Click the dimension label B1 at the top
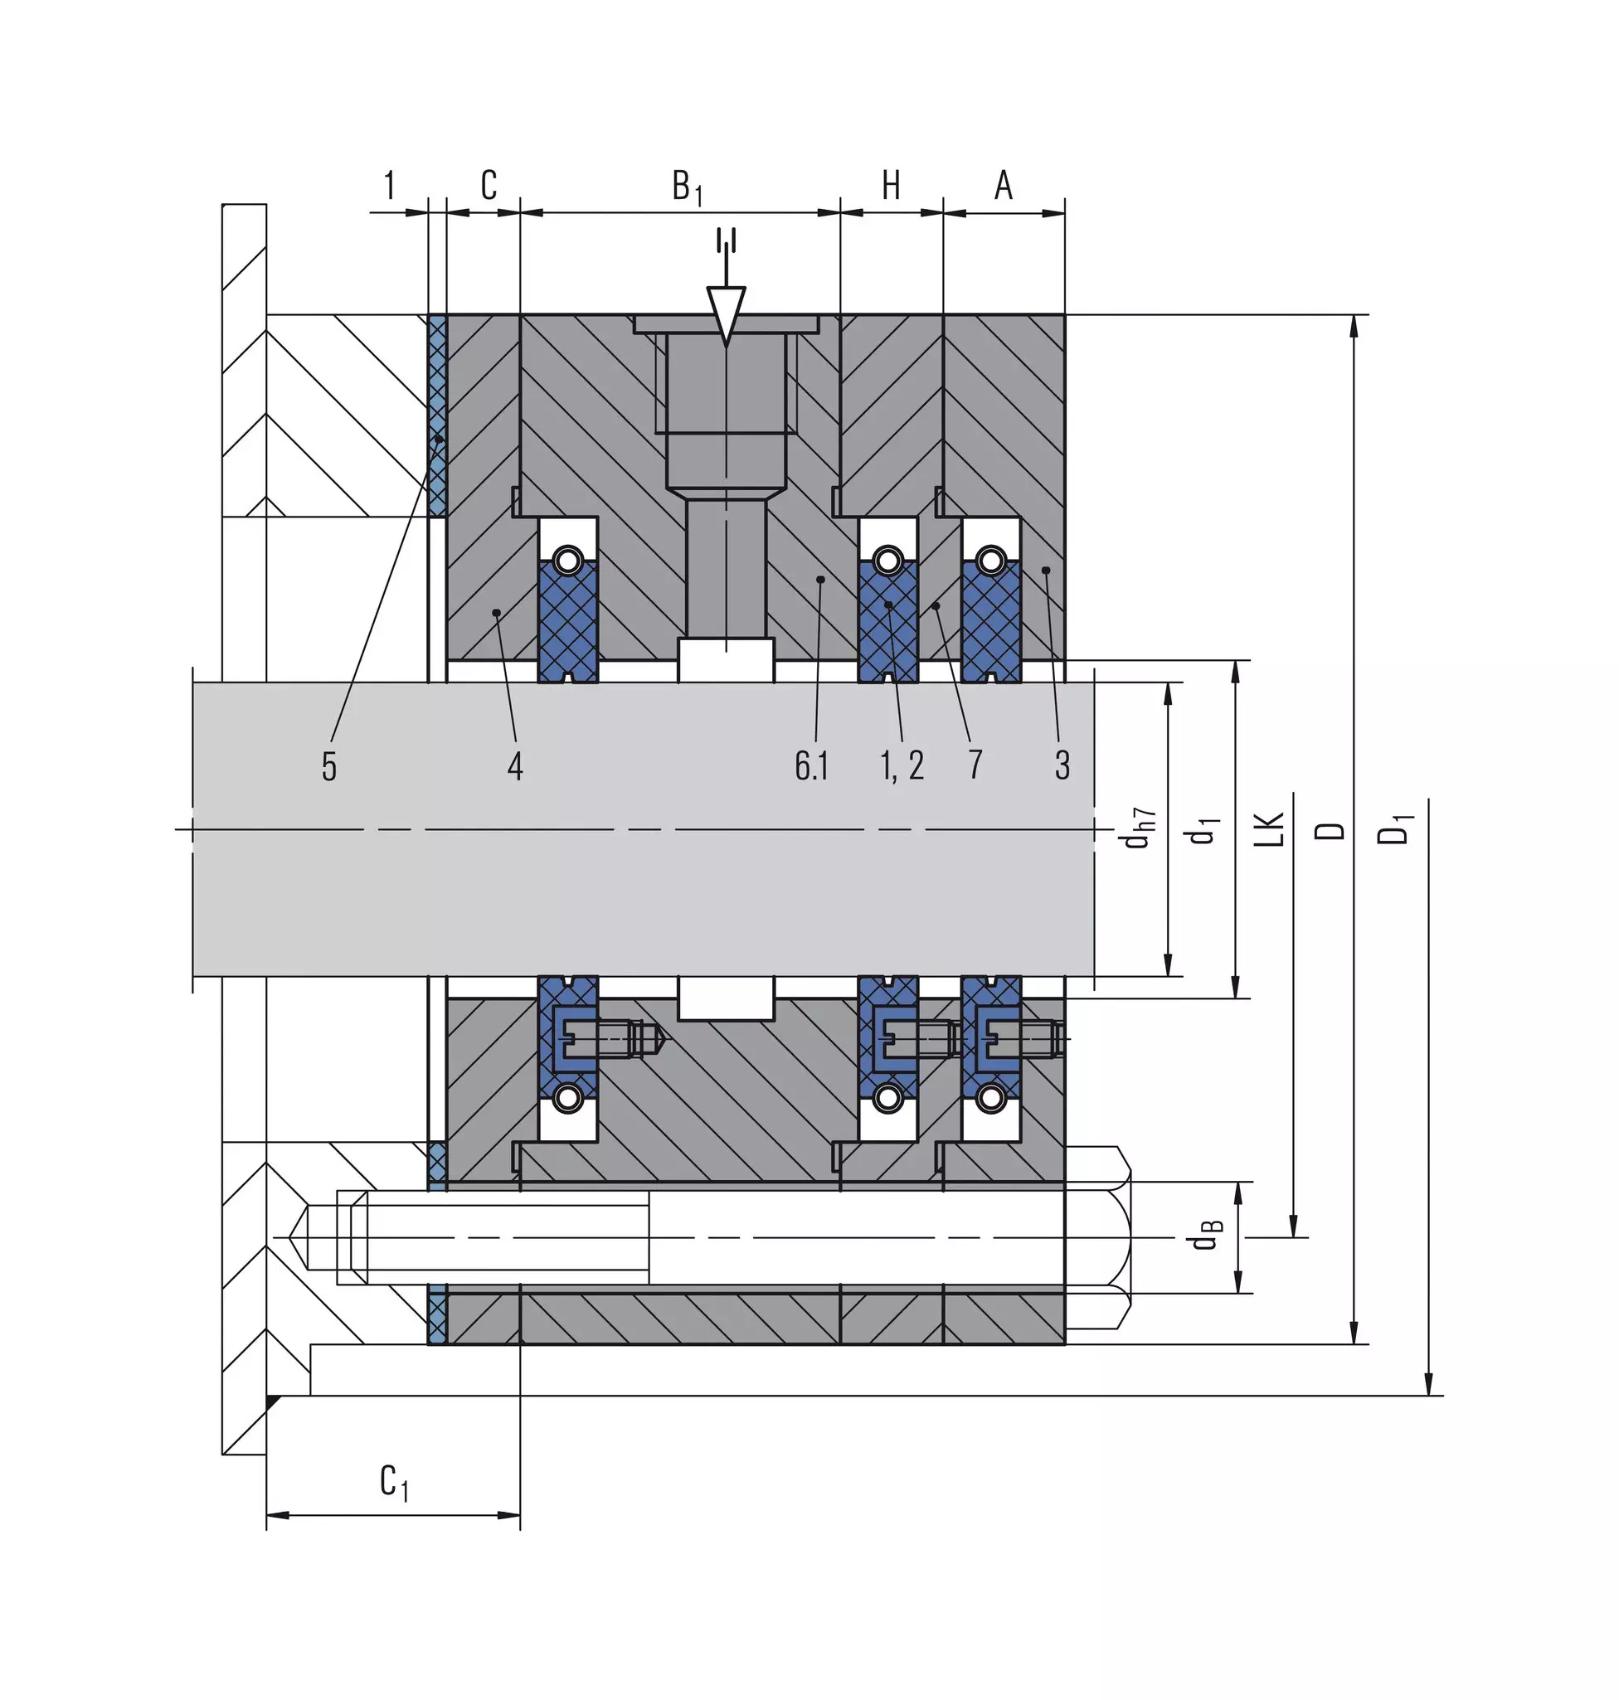pyautogui.click(x=687, y=187)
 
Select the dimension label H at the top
pyautogui.click(x=891, y=185)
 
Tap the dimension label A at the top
pyautogui.click(x=1003, y=185)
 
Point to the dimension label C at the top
pyautogui.click(x=489, y=185)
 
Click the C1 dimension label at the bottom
pyautogui.click(x=395, y=1483)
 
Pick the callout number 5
pyautogui.click(x=328, y=765)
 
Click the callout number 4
pyautogui.click(x=515, y=765)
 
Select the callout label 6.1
pyautogui.click(x=811, y=765)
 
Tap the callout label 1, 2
pyautogui.click(x=902, y=765)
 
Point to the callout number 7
pyautogui.click(x=975, y=765)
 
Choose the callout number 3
pyautogui.click(x=1062, y=765)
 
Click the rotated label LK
pyautogui.click(x=1270, y=829)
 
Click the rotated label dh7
pyautogui.click(x=1139, y=828)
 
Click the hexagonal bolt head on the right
pyautogui.click(x=1098, y=1237)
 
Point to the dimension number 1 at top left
pyautogui.click(x=389, y=185)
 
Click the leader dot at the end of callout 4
pyautogui.click(x=496, y=613)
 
